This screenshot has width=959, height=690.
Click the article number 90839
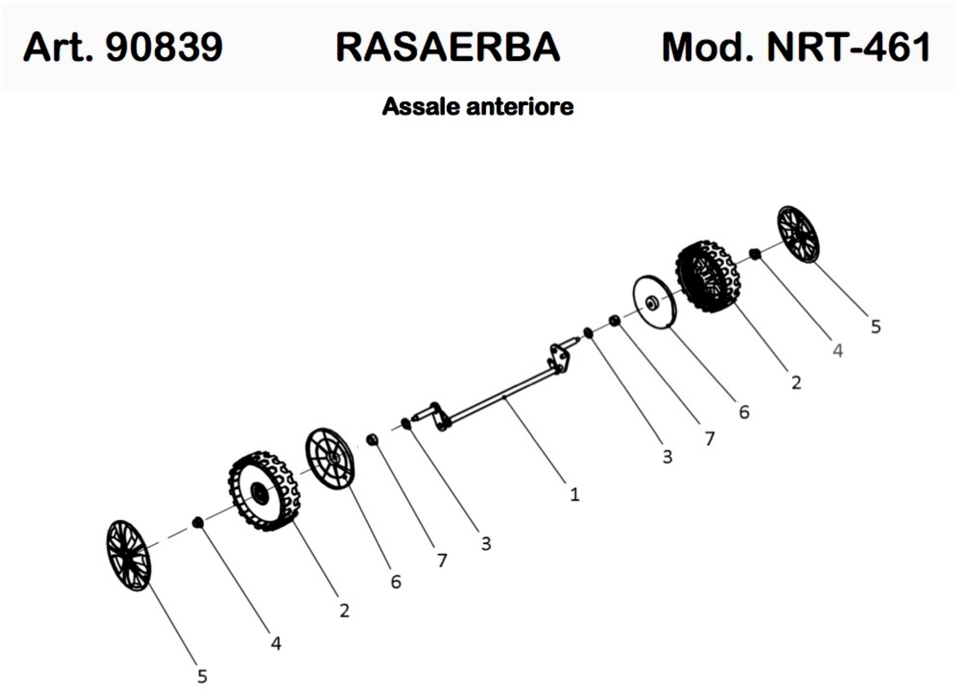click(x=164, y=47)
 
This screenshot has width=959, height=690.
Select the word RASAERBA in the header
click(x=447, y=47)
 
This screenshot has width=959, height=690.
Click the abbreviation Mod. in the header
click(x=708, y=47)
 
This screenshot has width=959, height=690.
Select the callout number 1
click(x=574, y=494)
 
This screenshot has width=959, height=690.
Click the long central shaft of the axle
click(x=503, y=398)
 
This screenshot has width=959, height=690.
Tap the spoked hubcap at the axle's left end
click(x=128, y=555)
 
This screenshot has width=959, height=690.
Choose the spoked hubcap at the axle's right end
click(x=798, y=234)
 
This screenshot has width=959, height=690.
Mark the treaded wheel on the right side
click(x=707, y=277)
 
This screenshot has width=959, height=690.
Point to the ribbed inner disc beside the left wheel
click(x=330, y=459)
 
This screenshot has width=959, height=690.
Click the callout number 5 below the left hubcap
click(x=202, y=676)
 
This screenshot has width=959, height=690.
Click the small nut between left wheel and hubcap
click(x=197, y=523)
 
